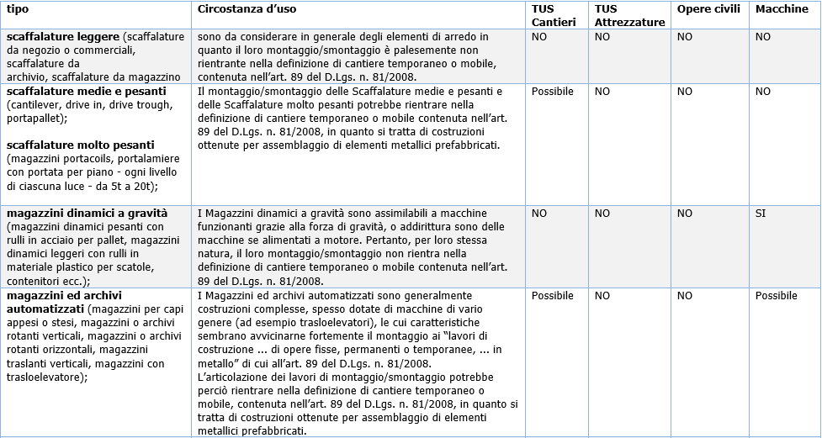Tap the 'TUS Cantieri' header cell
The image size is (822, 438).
pos(551,15)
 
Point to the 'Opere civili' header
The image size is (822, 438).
pos(708,9)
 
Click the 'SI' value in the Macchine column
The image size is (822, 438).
pos(761,214)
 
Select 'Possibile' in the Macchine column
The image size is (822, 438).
pos(776,296)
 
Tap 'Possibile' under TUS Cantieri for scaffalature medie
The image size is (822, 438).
pos(553,91)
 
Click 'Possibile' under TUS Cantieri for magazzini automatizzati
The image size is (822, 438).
pos(553,296)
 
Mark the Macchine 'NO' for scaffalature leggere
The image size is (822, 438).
pos(763,37)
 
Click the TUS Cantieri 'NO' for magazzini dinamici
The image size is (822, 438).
pos(539,214)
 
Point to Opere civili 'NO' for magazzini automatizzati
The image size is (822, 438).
pos(685,296)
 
